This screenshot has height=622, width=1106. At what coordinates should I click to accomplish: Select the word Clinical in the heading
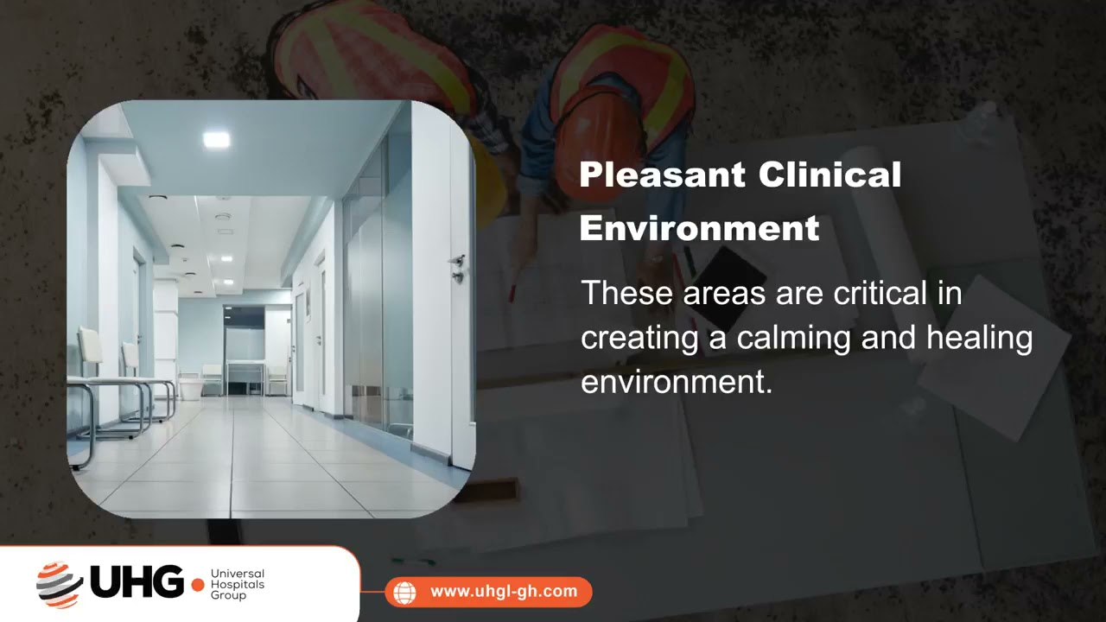829,175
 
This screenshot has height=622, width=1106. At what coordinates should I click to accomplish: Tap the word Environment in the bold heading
699,228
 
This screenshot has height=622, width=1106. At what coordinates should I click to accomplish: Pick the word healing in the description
979,338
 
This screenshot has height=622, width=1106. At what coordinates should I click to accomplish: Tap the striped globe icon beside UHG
59,584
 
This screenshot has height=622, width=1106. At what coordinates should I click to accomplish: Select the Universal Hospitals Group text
237,584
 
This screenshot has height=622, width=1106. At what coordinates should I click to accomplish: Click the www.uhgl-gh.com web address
503,592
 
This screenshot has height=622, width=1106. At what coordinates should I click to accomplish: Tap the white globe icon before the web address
404,592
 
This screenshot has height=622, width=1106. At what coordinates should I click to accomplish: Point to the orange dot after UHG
198,585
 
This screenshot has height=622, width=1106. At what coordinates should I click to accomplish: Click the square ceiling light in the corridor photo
216,139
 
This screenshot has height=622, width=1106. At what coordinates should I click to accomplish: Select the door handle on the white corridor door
458,267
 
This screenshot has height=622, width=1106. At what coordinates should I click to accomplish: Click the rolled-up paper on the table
881,225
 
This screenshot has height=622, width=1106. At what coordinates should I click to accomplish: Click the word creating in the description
639,338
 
